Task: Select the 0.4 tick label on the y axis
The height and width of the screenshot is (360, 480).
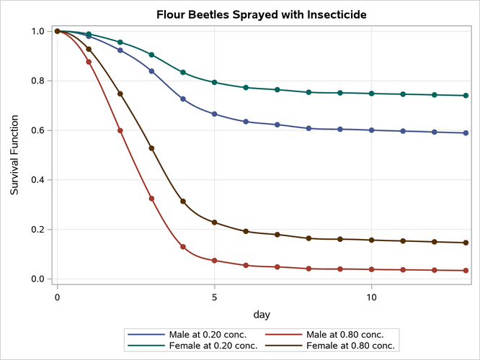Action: pyautogui.click(x=37, y=180)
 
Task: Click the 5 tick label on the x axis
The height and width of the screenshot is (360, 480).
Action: pyautogui.click(x=215, y=295)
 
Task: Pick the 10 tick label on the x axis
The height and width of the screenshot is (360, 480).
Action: pyautogui.click(x=371, y=295)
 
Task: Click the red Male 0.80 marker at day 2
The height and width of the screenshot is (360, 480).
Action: pyautogui.click(x=120, y=130)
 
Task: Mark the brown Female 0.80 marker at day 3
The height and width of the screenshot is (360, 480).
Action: pyautogui.click(x=151, y=148)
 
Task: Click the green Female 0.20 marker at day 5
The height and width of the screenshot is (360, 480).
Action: pyautogui.click(x=215, y=82)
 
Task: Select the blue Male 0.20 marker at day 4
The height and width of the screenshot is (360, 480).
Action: pyautogui.click(x=183, y=99)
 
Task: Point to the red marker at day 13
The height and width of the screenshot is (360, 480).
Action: pyautogui.click(x=466, y=271)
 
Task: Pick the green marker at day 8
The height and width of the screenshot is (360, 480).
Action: pyautogui.click(x=308, y=92)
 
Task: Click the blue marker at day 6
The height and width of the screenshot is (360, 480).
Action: pyautogui.click(x=246, y=122)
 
